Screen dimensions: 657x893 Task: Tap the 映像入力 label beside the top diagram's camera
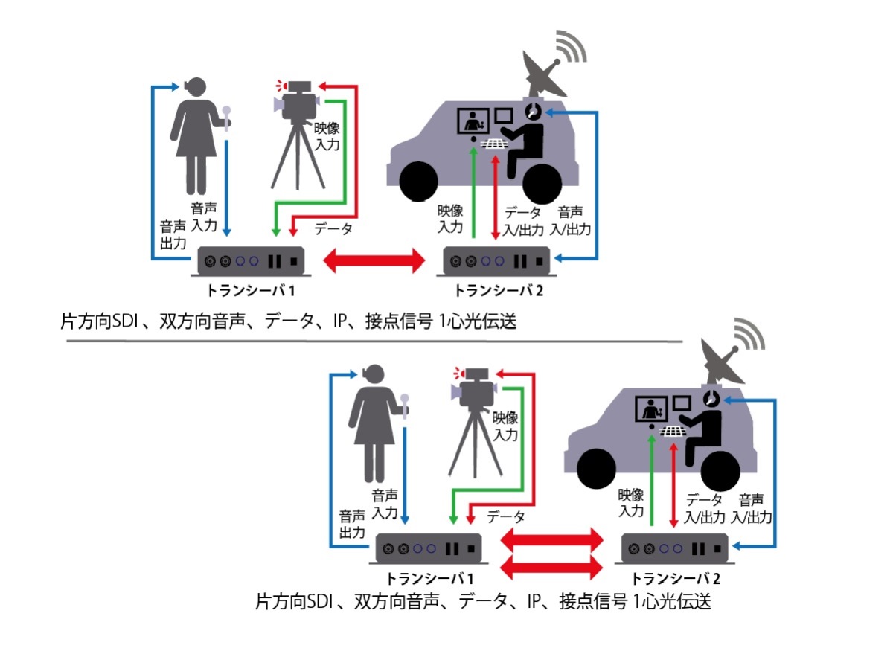[326, 137]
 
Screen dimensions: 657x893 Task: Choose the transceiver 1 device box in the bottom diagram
[427, 549]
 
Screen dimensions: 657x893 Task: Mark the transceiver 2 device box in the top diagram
[497, 261]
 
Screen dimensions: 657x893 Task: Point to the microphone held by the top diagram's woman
[227, 116]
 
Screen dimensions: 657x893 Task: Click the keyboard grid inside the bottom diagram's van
[671, 429]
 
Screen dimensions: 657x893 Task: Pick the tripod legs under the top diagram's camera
[298, 160]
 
